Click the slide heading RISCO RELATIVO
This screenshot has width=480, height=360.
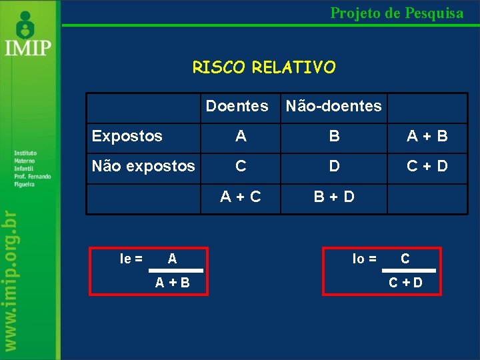pyautogui.click(x=264, y=67)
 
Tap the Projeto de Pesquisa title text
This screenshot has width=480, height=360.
pyautogui.click(x=397, y=13)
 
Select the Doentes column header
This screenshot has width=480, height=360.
pyautogui.click(x=237, y=106)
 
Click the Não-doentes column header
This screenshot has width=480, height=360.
pyautogui.click(x=333, y=106)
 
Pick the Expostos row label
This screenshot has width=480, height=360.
pyautogui.click(x=127, y=136)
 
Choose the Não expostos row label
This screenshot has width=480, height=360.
pyautogui.click(x=143, y=166)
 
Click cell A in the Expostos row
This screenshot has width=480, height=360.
pyautogui.click(x=241, y=136)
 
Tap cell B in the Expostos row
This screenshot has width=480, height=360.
pyautogui.click(x=334, y=136)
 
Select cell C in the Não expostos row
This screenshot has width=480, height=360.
pyautogui.click(x=241, y=166)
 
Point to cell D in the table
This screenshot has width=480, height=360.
pyautogui.click(x=334, y=166)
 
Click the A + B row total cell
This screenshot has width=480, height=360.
pyautogui.click(x=427, y=136)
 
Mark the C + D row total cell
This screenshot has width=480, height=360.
pyautogui.click(x=427, y=166)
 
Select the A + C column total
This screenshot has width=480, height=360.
pyautogui.click(x=241, y=197)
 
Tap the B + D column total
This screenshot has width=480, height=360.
pyautogui.click(x=334, y=197)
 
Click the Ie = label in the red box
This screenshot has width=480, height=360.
pyautogui.click(x=131, y=259)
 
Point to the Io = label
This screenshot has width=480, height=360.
pyautogui.click(x=364, y=259)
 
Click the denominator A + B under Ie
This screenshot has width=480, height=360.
pyautogui.click(x=172, y=283)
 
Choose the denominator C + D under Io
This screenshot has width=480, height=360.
pyautogui.click(x=405, y=283)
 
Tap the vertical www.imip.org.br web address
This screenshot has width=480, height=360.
pyautogui.click(x=26, y=280)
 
